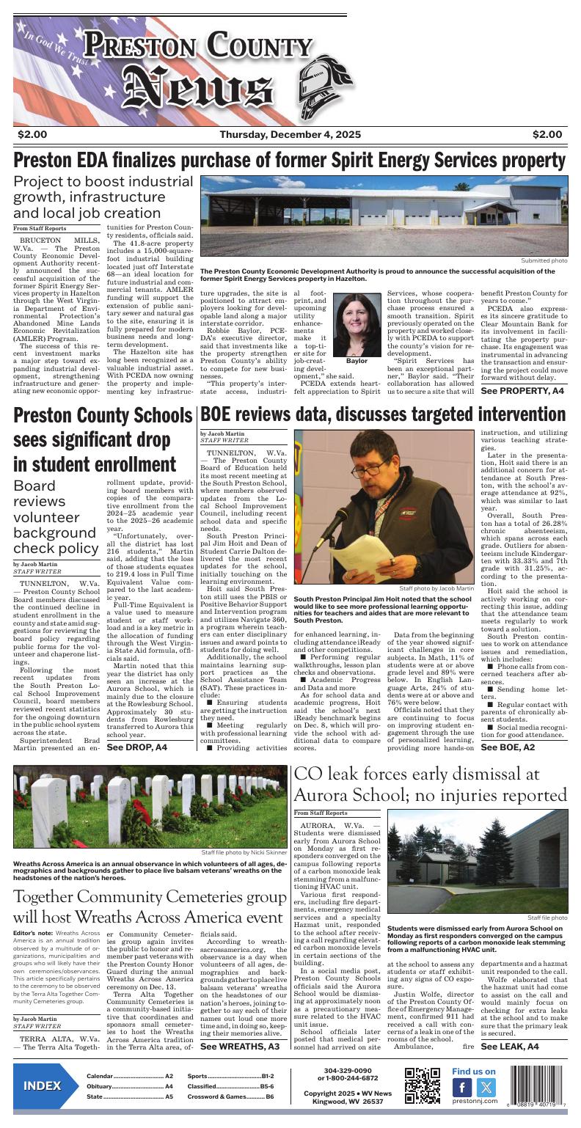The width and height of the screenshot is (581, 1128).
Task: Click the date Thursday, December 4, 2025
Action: pyautogui.click(x=290, y=134)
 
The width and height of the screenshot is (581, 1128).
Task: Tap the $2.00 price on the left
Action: pyautogui.click(x=32, y=134)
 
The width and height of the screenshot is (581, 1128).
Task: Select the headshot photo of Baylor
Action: pyautogui.click(x=357, y=323)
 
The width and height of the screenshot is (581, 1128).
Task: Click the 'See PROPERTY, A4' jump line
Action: pyautogui.click(x=522, y=392)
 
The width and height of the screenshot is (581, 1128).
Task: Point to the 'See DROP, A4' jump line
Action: pyautogui.click(x=137, y=747)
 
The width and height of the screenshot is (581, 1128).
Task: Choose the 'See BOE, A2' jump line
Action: pyautogui.click(x=508, y=747)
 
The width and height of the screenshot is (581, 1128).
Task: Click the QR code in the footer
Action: pyautogui.click(x=422, y=1086)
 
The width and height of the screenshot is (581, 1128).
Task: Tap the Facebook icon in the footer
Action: pyautogui.click(x=461, y=1088)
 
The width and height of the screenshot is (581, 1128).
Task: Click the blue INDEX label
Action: pyautogui.click(x=42, y=1086)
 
